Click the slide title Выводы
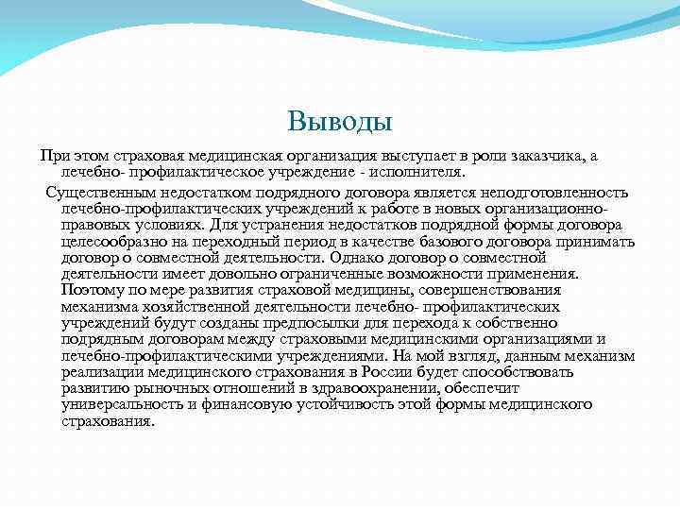pyautogui.click(x=339, y=121)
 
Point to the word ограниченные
pyautogui.click(x=301, y=274)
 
